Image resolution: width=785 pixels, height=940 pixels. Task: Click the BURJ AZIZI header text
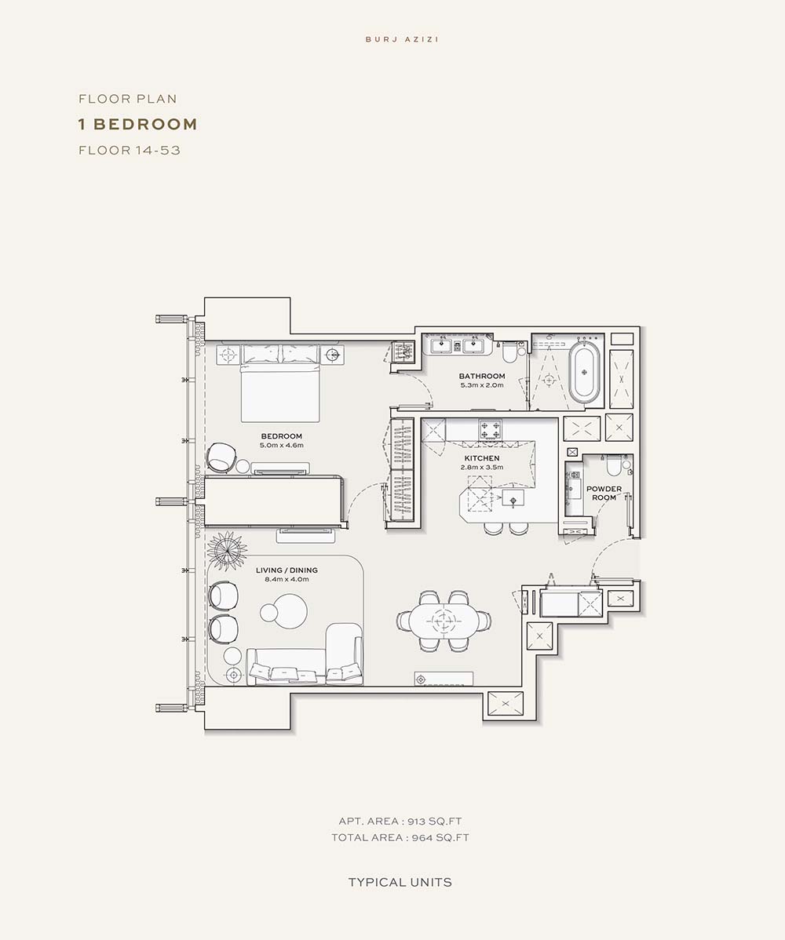[x=402, y=39]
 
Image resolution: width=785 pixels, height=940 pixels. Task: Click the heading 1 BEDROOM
[x=138, y=124]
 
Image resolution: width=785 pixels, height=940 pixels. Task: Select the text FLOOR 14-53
[x=130, y=150]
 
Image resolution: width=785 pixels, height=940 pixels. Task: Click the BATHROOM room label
[x=482, y=376]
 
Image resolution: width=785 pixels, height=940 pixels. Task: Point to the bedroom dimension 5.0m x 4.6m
[x=281, y=446]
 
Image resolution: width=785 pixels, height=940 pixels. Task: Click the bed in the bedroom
[x=279, y=384]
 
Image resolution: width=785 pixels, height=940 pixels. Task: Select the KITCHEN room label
[x=482, y=458]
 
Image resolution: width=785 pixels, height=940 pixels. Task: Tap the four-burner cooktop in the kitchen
[x=490, y=429]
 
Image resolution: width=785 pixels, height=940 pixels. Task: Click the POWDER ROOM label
[x=604, y=493]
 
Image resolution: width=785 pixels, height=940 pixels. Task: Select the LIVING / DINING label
[x=287, y=570]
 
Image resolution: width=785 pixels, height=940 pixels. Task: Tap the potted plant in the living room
[x=227, y=551]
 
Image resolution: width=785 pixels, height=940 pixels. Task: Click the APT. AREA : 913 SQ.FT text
[x=400, y=822]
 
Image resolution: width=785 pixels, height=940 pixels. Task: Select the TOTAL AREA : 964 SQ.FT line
[x=400, y=837]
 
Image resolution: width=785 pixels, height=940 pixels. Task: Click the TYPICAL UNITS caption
[x=400, y=883]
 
